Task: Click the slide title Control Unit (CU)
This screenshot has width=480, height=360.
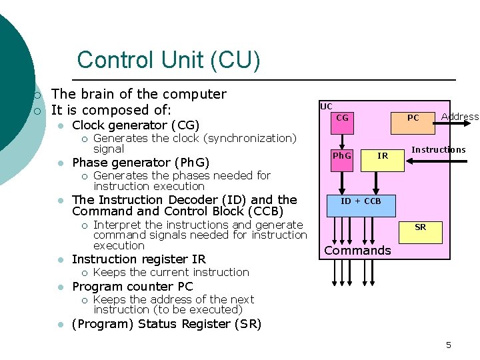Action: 168,61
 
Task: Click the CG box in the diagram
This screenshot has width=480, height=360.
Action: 342,118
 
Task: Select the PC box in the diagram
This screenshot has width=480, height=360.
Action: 413,118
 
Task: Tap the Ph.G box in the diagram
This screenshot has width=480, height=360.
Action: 342,156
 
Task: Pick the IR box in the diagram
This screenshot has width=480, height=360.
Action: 383,156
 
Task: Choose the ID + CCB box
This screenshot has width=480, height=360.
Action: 361,201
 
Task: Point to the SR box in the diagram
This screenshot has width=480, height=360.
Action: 420,227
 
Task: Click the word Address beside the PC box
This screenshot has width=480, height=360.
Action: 460,117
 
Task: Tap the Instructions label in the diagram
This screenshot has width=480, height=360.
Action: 439,149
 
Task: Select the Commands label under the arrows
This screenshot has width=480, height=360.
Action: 357,251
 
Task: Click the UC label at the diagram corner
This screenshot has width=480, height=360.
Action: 326,107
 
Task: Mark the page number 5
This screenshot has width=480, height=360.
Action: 449,345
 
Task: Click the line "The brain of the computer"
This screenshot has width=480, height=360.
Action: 139,94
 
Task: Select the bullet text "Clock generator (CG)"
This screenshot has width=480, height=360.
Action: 136,125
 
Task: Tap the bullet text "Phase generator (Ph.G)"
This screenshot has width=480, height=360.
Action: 141,162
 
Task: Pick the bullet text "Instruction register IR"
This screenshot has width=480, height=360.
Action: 139,259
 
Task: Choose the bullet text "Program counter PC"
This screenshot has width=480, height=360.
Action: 132,286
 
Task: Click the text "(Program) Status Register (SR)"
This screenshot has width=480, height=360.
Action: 166,324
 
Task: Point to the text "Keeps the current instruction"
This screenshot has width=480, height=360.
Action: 171,272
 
